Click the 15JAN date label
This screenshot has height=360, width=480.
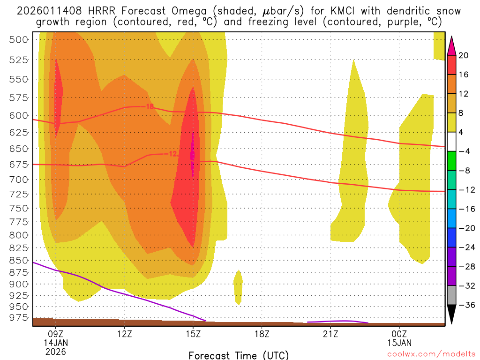tap(399, 343)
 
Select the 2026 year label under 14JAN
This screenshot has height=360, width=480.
tap(56, 351)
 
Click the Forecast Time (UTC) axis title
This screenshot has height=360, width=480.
tap(239, 355)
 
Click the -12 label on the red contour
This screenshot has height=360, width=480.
tap(172, 154)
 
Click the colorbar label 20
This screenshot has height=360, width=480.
tap(464, 55)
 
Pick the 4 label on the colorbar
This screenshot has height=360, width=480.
tap(462, 132)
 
